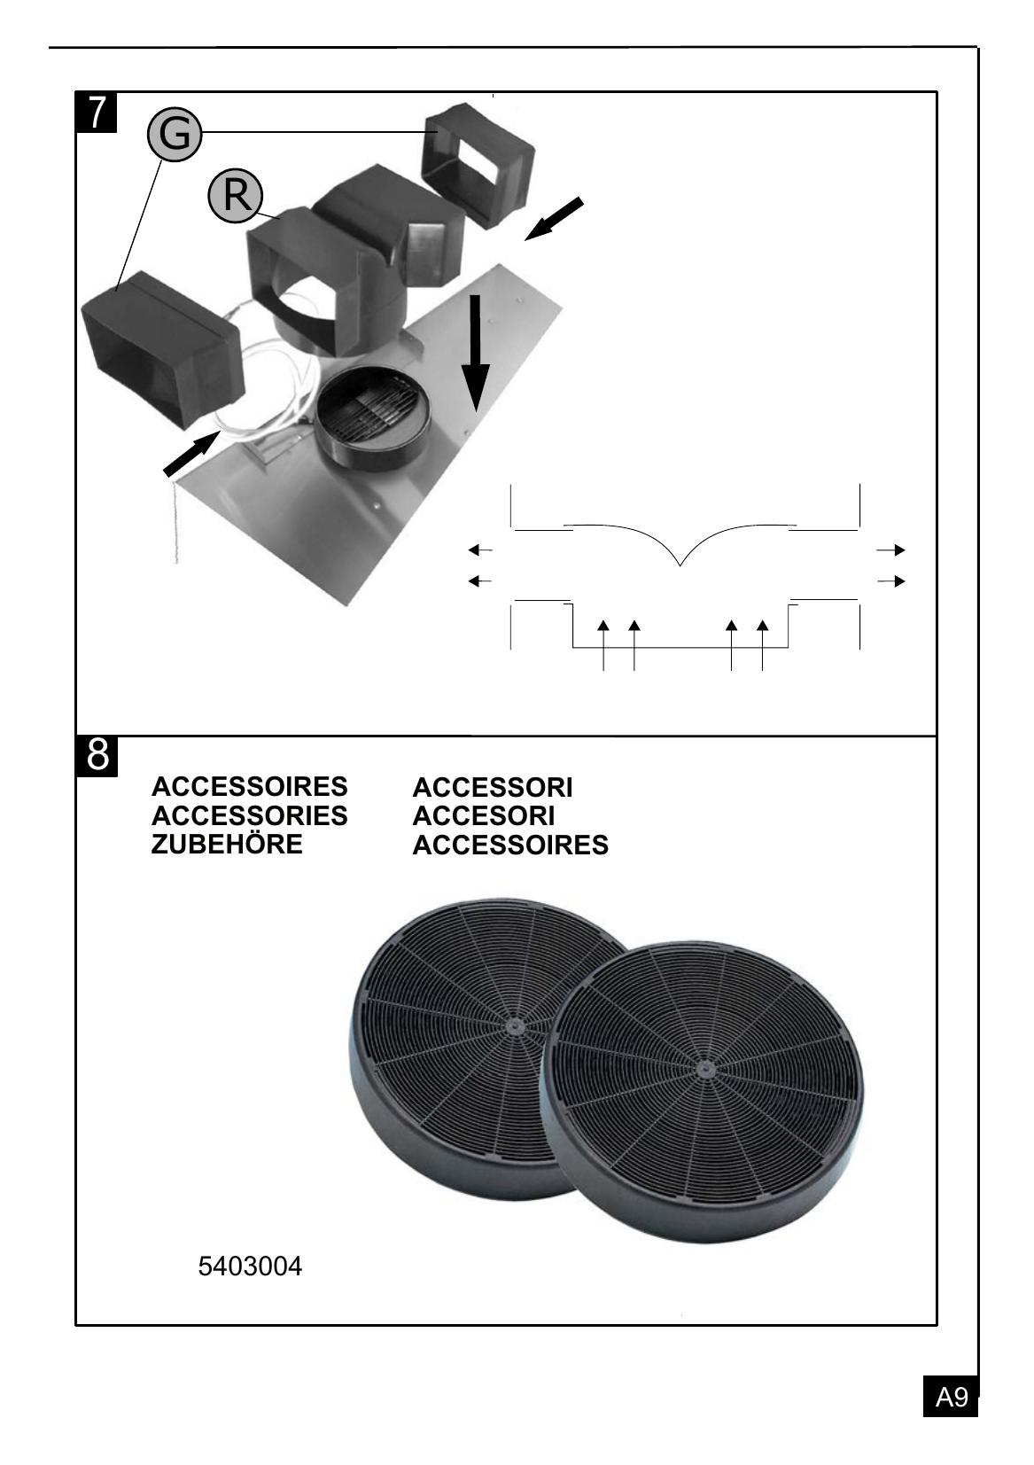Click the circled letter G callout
(174, 134)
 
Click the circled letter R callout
(236, 195)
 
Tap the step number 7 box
(97, 113)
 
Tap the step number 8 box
(97, 755)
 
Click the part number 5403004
(250, 1266)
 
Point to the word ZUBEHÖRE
(227, 845)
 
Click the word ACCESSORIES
(249, 815)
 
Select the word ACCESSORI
(493, 787)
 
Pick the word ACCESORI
(483, 816)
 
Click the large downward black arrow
(476, 353)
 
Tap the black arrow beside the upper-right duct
(553, 219)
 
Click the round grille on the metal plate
(372, 408)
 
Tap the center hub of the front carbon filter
(704, 1067)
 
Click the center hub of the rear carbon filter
(512, 1026)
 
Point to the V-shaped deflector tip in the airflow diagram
(680, 565)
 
